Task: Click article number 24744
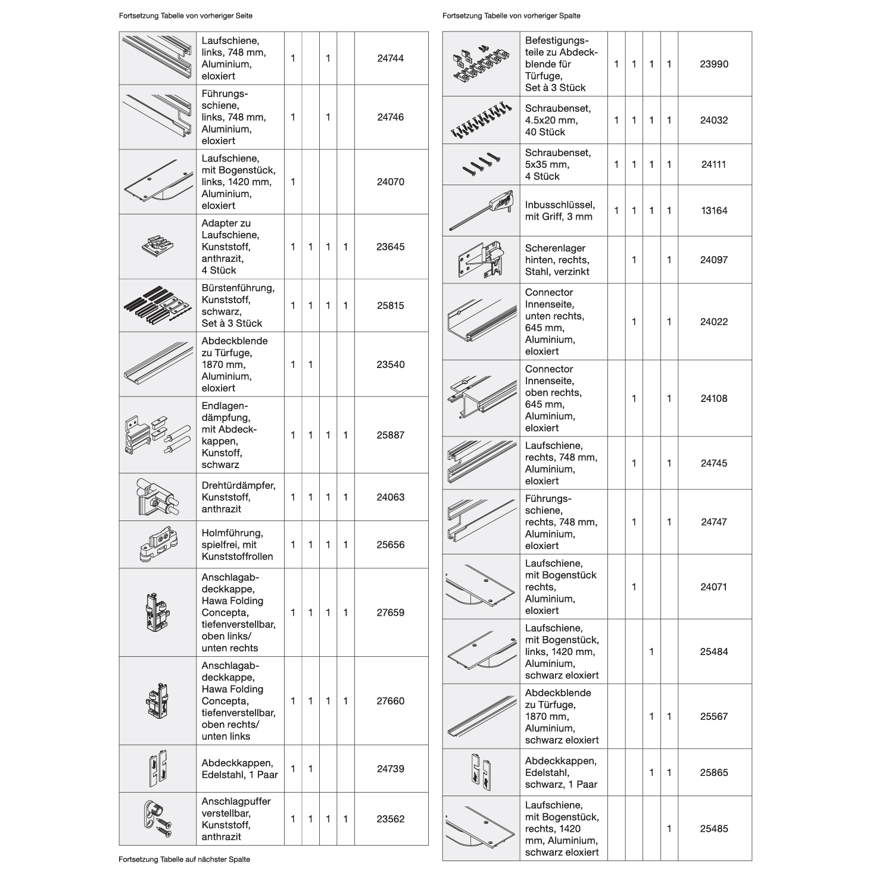[391, 58]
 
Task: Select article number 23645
[391, 247]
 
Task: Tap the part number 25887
[391, 435]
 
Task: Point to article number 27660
[391, 701]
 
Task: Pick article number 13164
[714, 211]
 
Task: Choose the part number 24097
[714, 260]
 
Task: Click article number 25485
[714, 829]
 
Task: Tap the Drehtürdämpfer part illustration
[157, 497]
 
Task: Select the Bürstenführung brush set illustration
[157, 305]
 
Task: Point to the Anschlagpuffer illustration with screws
[157, 819]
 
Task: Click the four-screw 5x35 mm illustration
[481, 164]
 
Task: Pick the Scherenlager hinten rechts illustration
[481, 260]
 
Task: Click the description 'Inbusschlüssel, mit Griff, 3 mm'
[560, 211]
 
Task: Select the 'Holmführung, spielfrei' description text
[237, 545]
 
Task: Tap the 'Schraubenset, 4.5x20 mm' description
[557, 120]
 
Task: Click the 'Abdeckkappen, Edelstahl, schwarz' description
[561, 772]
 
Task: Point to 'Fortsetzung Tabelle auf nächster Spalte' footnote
[184, 859]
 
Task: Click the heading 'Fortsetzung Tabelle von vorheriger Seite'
[181, 16]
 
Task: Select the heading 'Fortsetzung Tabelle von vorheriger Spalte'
[511, 16]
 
